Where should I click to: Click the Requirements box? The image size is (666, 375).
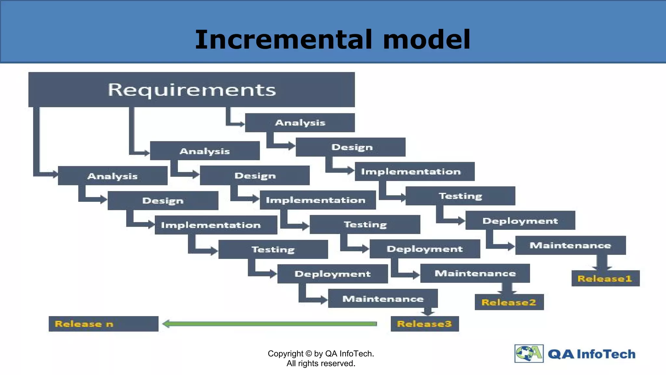tap(192, 90)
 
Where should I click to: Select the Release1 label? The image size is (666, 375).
tap(605, 278)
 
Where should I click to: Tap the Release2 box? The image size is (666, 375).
tap(509, 302)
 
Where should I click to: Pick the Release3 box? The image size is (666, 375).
tap(425, 324)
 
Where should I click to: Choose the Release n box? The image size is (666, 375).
tap(103, 324)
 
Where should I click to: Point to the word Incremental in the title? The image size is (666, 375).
tap(283, 39)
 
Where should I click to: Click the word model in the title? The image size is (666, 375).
tap(427, 39)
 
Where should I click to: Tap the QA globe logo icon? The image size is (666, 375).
tap(529, 353)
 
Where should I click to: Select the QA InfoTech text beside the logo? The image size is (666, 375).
tap(592, 354)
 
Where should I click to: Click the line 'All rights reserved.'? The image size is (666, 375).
tap(321, 363)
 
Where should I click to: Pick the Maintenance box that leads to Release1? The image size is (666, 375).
tap(570, 245)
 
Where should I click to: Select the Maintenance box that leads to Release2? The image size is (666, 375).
tap(475, 273)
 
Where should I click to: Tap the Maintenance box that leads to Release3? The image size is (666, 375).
tap(383, 299)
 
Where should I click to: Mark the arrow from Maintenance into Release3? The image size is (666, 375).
tap(428, 312)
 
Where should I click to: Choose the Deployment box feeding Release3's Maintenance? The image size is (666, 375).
tap(332, 274)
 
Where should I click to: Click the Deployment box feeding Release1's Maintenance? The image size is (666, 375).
tap(520, 220)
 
